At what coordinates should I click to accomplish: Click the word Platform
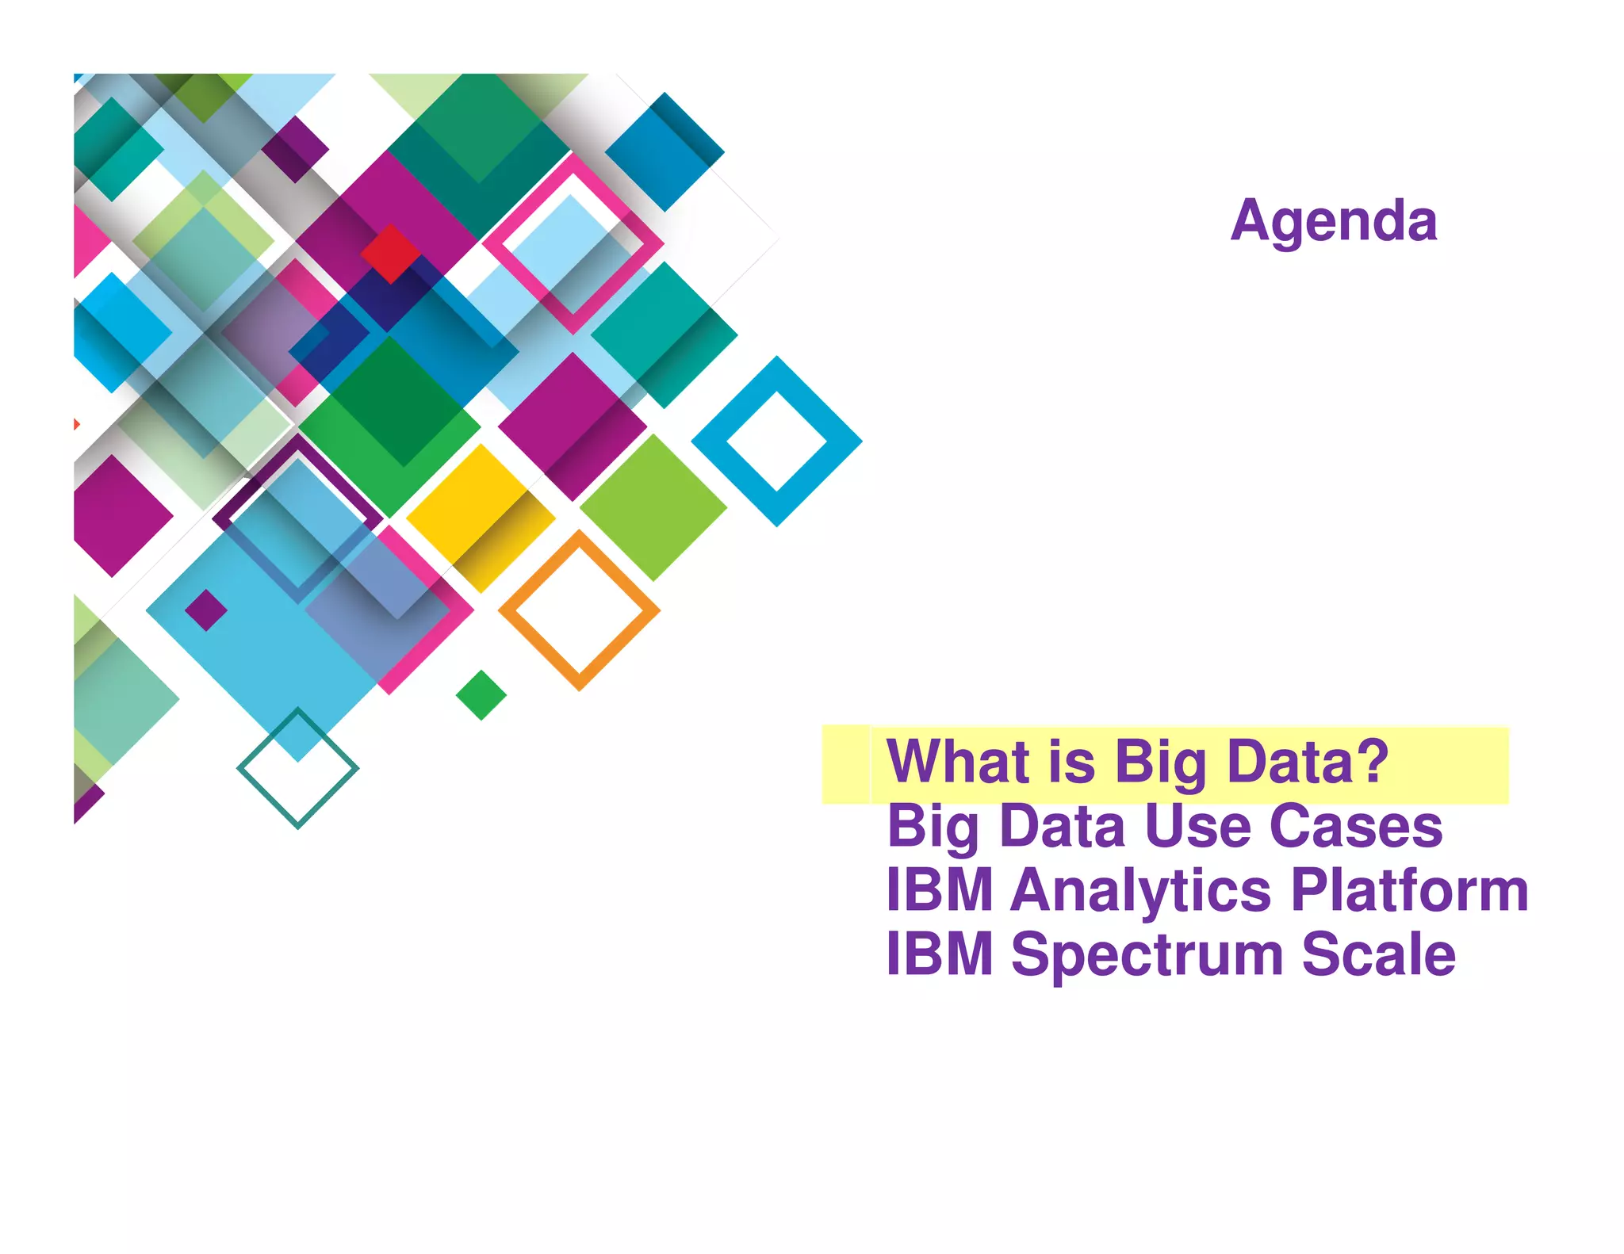1409,890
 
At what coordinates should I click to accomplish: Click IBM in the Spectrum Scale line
939,954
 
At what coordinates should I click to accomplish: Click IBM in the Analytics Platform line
939,890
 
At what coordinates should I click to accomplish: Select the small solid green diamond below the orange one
481,695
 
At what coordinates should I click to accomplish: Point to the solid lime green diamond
653,507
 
